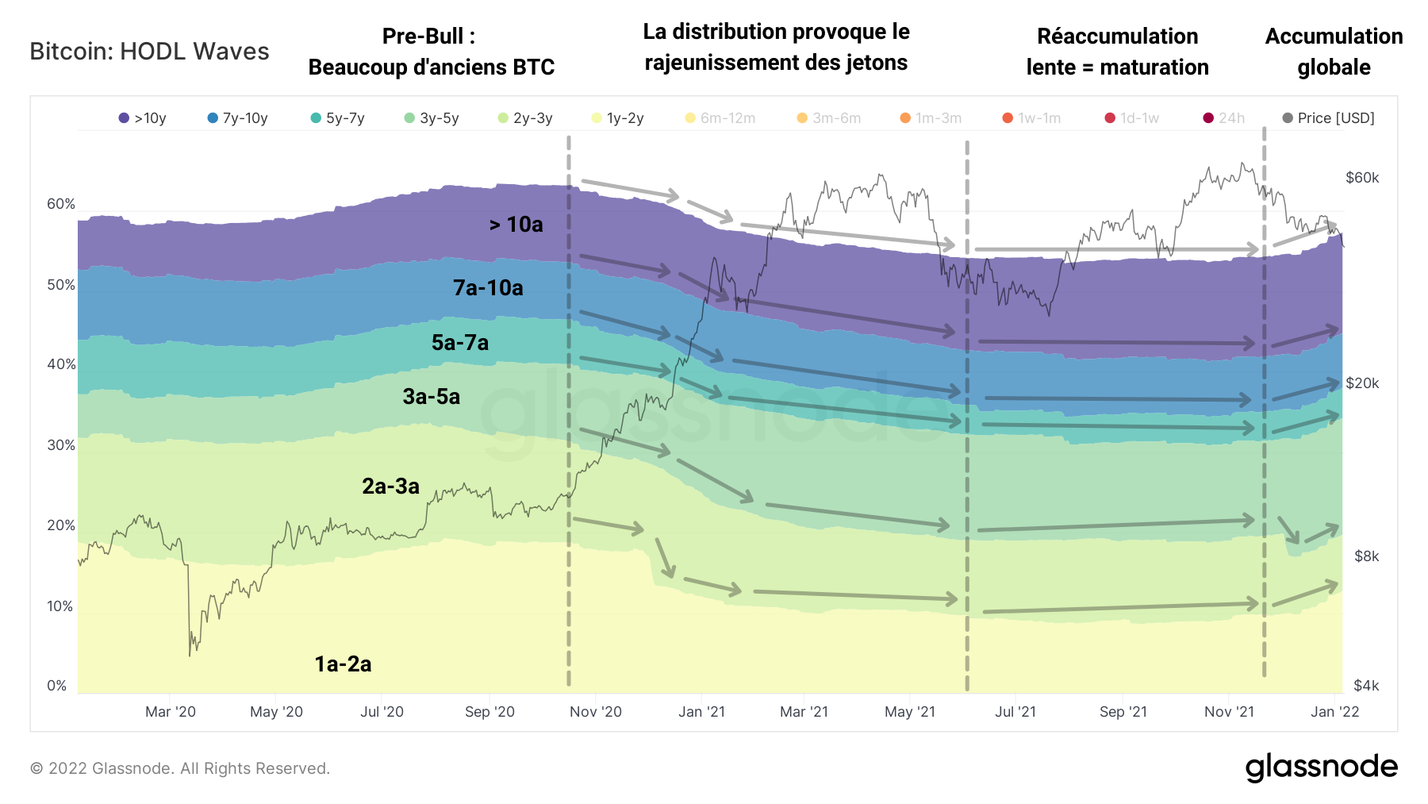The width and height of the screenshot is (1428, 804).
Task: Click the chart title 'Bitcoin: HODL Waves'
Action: pos(149,52)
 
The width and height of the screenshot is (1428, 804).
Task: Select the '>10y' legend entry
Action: pos(143,118)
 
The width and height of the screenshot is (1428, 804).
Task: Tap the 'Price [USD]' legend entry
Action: pos(1329,118)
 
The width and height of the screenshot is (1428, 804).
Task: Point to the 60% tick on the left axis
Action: pos(61,204)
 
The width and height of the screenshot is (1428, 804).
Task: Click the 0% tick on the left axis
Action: pos(57,686)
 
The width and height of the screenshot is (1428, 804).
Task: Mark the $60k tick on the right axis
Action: pos(1362,178)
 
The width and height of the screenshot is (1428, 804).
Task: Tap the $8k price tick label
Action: pos(1366,556)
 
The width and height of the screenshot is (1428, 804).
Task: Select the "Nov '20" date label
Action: pos(596,712)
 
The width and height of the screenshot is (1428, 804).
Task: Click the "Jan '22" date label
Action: pos(1335,712)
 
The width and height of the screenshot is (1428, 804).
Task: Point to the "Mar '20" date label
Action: pos(171,712)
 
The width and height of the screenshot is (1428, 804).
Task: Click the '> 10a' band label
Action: pos(516,225)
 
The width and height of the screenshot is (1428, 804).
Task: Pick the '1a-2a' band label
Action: pos(343,664)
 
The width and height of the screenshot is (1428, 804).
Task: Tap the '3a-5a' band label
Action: pos(432,397)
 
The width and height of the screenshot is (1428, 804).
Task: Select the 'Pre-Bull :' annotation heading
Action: pos(428,37)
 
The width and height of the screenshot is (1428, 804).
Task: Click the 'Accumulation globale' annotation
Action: pos(1334,52)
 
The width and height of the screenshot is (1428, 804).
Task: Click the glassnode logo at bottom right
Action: pos(1321,767)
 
